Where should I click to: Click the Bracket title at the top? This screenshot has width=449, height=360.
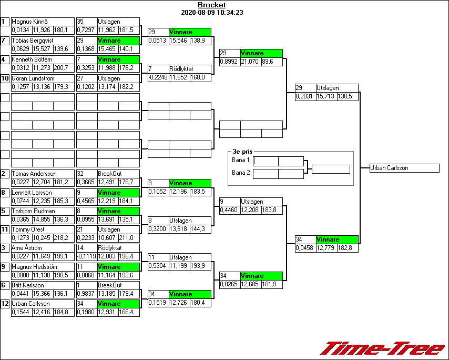[x=211, y=5]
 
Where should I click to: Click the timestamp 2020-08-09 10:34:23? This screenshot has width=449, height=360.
[x=211, y=12]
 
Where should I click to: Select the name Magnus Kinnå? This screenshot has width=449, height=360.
[x=30, y=22]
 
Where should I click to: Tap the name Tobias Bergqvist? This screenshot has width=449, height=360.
[x=32, y=41]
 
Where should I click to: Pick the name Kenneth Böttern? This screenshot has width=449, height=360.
[x=32, y=59]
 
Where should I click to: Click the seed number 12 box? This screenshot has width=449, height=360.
[x=5, y=304]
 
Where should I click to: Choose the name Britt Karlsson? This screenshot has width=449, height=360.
[x=29, y=285]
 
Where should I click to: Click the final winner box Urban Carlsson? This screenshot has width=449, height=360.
[x=404, y=168]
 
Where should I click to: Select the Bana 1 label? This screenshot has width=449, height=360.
[x=240, y=160]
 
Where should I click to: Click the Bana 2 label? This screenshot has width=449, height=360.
[x=240, y=172]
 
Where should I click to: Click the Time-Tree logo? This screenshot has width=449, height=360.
[x=383, y=348]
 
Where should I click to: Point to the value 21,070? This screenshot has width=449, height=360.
[x=250, y=62]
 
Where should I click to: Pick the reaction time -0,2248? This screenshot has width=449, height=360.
[x=158, y=77]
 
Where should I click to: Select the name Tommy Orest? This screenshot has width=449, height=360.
[x=28, y=229]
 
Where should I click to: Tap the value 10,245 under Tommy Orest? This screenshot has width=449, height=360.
[x=42, y=238]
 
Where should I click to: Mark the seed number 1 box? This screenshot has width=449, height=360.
[x=5, y=22]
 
